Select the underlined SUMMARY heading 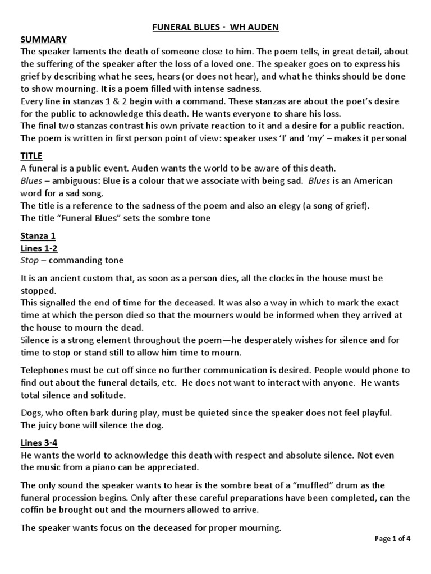(x=44, y=39)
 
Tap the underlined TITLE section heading (x=31, y=155)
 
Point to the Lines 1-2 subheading (x=39, y=248)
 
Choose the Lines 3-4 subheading (x=39, y=442)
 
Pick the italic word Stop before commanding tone (x=30, y=261)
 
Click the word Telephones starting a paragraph (x=44, y=371)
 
